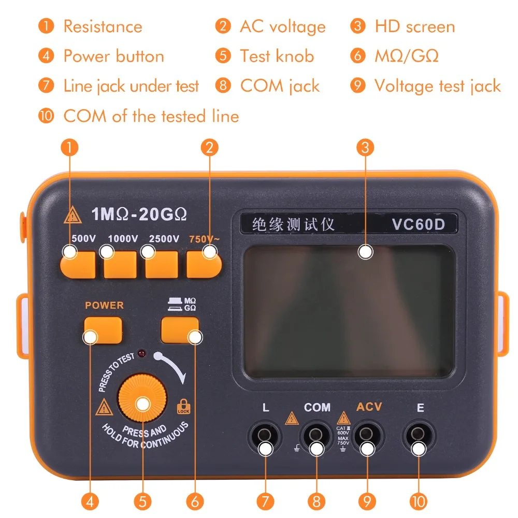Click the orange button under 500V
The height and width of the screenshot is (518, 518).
pos(78,265)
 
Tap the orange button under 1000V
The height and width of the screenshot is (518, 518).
pos(120,265)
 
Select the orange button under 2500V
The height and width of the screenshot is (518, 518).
pos(162,265)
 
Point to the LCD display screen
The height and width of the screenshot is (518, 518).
pos(348,311)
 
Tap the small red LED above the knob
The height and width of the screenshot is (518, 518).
pos(141,355)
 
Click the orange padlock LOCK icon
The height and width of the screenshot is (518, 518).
pos(182,406)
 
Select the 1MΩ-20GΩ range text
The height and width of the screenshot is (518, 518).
pos(139,213)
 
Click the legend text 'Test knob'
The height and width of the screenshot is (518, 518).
pos(277,56)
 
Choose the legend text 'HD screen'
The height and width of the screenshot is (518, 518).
pos(414,26)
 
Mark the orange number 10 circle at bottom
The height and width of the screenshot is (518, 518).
pos(419,501)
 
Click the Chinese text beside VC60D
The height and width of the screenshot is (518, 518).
pos(293,224)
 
